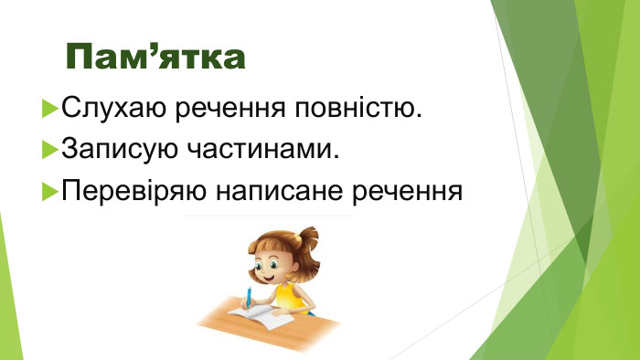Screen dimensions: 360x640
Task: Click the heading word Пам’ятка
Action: point(156,57)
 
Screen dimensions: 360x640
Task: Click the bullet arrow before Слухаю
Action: point(50,111)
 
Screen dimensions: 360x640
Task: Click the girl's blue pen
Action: point(247,297)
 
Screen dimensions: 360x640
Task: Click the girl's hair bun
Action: point(308,239)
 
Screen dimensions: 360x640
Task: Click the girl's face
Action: point(272,265)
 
